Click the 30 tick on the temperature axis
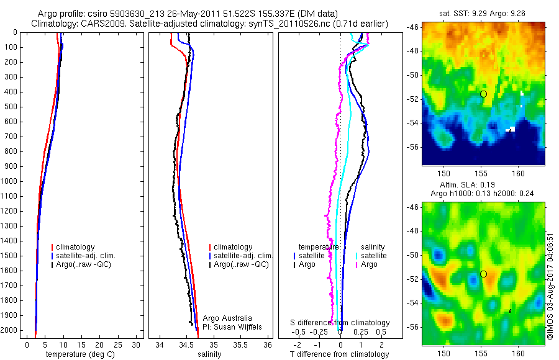click(137, 344)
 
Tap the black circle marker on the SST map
click(483, 94)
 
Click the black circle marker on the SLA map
click(483, 274)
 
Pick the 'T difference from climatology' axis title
click(340, 354)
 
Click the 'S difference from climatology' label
click(340, 323)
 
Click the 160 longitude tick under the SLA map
click(519, 353)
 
